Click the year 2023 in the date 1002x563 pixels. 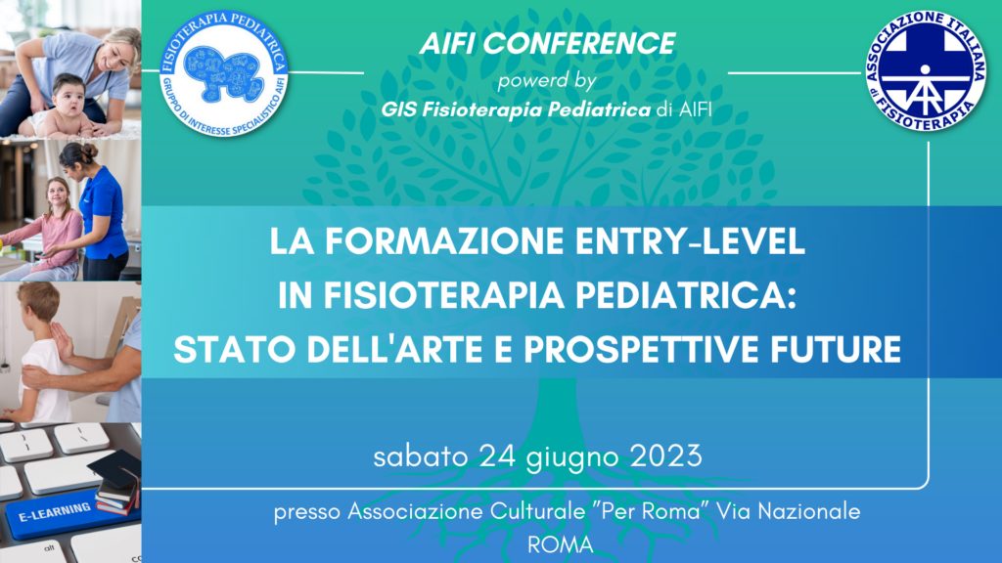pyautogui.click(x=661, y=456)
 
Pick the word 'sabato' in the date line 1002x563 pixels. pyautogui.click(x=421, y=456)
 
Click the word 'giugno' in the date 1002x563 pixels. pyautogui.click(x=573, y=457)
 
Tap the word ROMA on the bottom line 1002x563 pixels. pyautogui.click(x=561, y=545)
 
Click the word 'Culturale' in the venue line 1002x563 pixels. pyautogui.click(x=530, y=511)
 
